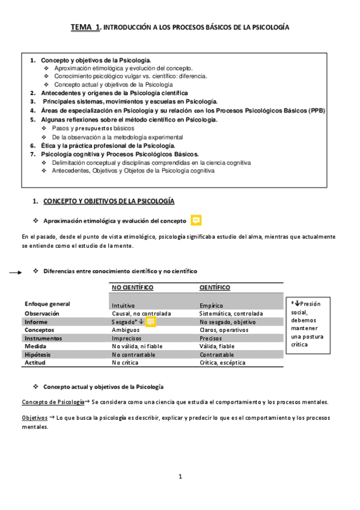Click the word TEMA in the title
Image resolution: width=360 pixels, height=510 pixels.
click(x=82, y=27)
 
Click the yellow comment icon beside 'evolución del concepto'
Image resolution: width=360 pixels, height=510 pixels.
click(x=196, y=220)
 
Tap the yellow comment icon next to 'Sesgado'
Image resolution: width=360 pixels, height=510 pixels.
click(x=151, y=322)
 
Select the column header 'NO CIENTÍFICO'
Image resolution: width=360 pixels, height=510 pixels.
click(x=132, y=287)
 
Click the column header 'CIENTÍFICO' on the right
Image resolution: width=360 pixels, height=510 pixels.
click(x=215, y=287)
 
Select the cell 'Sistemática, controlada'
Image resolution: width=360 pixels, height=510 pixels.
click(x=231, y=313)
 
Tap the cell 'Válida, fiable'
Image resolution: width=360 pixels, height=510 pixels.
click(x=217, y=346)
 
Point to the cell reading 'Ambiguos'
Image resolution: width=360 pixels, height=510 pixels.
click(x=126, y=330)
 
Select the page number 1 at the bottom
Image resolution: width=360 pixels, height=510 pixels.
click(x=180, y=476)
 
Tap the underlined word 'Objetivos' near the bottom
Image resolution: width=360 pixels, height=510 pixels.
click(x=34, y=417)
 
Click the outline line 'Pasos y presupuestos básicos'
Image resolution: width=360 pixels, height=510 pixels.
click(x=93, y=128)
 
